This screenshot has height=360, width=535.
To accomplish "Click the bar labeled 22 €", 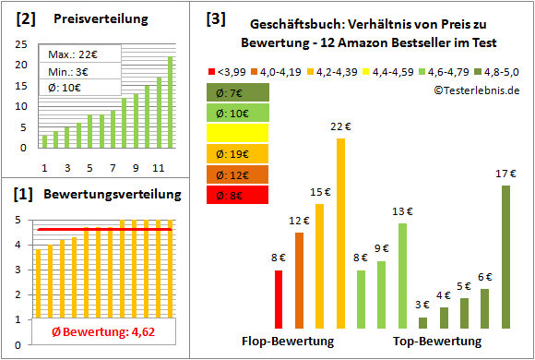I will click(340, 233).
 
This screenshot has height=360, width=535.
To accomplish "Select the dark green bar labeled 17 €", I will click(505, 257).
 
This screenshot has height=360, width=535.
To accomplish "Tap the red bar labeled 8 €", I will click(279, 299).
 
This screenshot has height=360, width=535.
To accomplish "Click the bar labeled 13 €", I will click(402, 275).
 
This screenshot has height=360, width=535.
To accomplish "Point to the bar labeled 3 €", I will click(422, 322).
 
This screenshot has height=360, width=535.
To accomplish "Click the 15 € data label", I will click(319, 192).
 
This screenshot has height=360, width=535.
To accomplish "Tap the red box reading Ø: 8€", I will click(238, 195).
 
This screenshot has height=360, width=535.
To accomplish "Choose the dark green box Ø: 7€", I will click(238, 92).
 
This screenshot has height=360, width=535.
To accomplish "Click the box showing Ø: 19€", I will click(238, 154).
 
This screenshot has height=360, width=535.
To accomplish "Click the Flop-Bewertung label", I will click(288, 342).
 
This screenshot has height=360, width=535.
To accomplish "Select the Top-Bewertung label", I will click(437, 342).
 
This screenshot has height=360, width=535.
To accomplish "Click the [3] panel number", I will click(215, 18).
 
